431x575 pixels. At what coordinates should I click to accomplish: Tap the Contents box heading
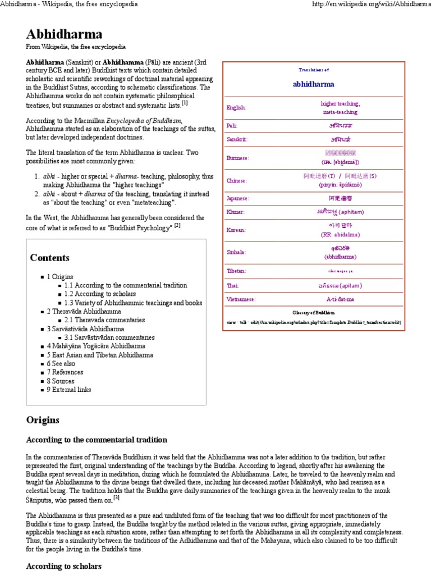pyautogui.click(x=50, y=258)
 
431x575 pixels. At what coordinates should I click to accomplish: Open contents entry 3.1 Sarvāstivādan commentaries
pyautogui.click(x=109, y=337)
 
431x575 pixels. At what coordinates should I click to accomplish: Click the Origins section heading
pyautogui.click(x=42, y=420)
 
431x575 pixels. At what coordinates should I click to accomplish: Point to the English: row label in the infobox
pyautogui.click(x=236, y=107)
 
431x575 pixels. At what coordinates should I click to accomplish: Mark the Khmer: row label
pyautogui.click(x=236, y=212)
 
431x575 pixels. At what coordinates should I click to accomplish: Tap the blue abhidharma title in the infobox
pyautogui.click(x=313, y=85)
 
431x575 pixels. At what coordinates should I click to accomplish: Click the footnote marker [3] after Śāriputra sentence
pyautogui.click(x=116, y=498)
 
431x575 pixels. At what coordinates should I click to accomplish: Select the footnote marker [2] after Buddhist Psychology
pyautogui.click(x=177, y=226)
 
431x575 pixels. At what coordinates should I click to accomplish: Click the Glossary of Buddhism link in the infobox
pyautogui.click(x=313, y=312)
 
